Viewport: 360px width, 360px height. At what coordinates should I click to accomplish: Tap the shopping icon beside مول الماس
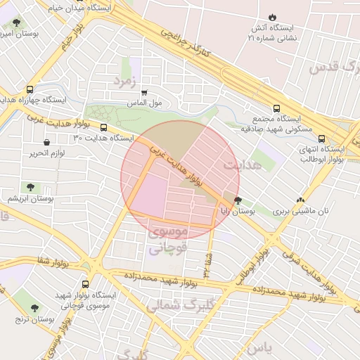tap(145, 92)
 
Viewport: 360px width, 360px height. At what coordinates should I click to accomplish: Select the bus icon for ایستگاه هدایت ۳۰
tap(104, 128)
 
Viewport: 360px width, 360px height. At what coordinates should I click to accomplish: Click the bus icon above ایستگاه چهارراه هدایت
tap(30, 89)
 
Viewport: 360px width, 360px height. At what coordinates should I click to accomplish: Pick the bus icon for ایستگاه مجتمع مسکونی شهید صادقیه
tap(276, 109)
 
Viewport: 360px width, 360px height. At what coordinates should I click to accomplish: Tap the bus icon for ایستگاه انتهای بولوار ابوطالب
tap(321, 139)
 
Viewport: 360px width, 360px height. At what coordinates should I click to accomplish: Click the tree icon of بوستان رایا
tap(238, 200)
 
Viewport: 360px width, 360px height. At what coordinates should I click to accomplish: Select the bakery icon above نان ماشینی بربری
tap(301, 200)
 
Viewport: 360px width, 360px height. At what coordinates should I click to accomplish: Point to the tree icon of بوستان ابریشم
tap(30, 187)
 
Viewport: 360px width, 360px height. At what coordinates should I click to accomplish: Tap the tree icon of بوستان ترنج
tap(35, 307)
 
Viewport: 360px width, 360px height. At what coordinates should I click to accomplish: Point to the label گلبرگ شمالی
tap(181, 306)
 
